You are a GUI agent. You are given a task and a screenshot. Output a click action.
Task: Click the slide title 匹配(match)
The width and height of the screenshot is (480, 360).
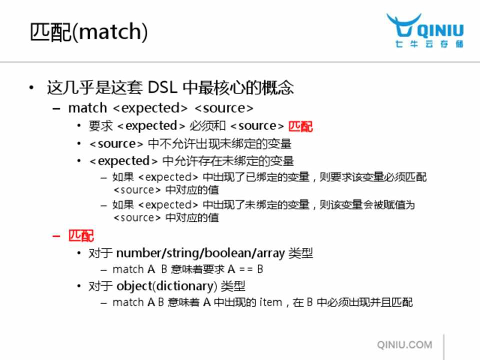(89, 32)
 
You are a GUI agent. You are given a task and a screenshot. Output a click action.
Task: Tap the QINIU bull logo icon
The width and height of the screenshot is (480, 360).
(403, 25)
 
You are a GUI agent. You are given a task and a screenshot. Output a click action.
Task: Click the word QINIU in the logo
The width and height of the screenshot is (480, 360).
(440, 31)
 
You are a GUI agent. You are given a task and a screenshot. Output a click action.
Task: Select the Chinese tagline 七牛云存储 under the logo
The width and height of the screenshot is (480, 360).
(429, 44)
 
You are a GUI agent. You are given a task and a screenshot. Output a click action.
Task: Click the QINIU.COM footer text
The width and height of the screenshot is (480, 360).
(404, 344)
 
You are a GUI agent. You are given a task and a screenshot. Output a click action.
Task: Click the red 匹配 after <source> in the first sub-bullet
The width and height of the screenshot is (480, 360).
(300, 126)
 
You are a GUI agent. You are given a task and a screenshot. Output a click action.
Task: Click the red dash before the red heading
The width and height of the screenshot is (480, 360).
(56, 236)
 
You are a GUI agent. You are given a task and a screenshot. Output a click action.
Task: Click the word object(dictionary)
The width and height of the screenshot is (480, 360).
(167, 286)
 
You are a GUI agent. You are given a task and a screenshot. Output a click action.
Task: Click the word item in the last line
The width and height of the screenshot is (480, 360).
(270, 302)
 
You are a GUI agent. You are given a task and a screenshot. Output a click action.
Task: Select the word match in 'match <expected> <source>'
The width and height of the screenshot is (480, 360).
(87, 108)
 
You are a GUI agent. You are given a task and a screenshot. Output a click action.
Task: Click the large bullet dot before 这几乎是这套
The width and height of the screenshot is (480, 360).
(31, 88)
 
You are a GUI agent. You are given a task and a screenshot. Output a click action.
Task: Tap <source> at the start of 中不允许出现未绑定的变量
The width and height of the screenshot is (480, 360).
(116, 144)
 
